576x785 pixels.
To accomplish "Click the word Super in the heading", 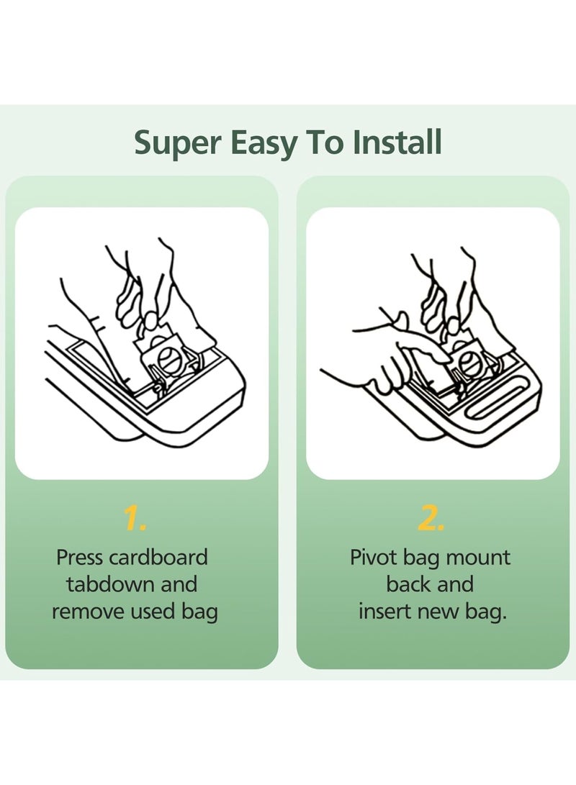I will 177,142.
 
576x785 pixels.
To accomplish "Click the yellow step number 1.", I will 135,519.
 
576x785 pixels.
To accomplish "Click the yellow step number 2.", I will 431,519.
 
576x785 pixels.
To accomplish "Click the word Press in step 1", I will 81,557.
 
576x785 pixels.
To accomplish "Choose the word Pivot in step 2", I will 373,557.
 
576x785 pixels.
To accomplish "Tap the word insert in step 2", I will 386,612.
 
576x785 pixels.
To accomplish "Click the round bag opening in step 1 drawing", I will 169,360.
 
